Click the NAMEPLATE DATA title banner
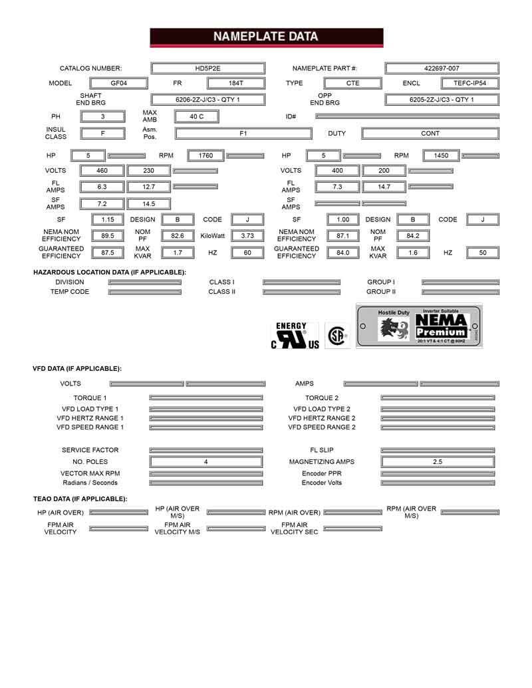click(266, 37)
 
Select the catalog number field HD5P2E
click(208, 68)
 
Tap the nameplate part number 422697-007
click(441, 68)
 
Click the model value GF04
click(119, 84)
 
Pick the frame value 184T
click(235, 84)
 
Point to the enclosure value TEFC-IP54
click(469, 84)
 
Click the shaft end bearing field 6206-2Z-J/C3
click(208, 100)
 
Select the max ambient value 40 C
click(196, 116)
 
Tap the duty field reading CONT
click(430, 134)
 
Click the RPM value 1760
click(206, 156)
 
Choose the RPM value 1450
click(441, 156)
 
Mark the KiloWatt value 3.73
click(247, 236)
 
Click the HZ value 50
click(483, 253)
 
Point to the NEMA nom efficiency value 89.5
click(108, 236)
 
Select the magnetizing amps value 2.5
click(438, 461)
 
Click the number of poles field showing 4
click(206, 461)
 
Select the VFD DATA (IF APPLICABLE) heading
click(77, 368)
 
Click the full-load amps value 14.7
click(384, 187)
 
